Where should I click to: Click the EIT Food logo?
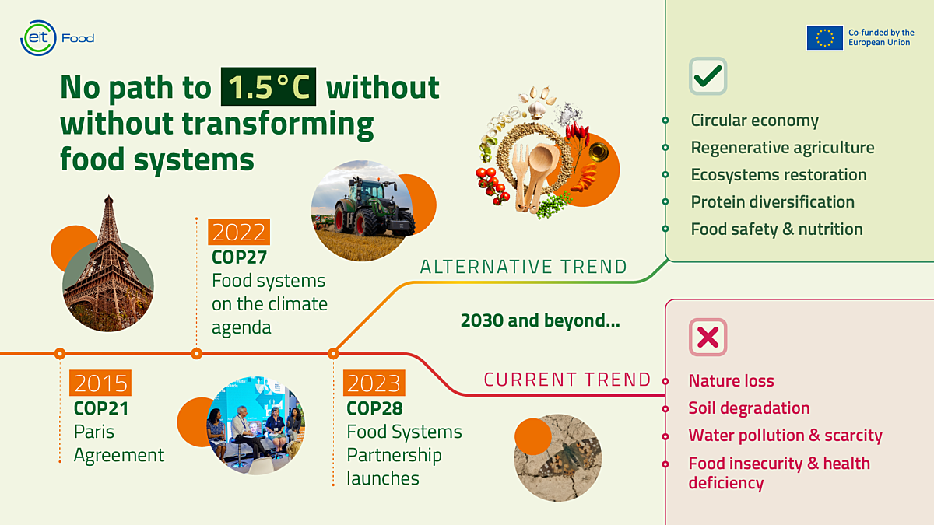tap(57, 37)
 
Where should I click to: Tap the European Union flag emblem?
tap(824, 38)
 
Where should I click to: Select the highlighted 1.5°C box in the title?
tap(269, 87)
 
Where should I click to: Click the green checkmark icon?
tap(708, 76)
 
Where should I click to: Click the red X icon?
tap(708, 338)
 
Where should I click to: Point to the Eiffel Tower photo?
tap(107, 268)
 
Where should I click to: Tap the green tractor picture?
tap(363, 210)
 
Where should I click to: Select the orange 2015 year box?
tap(100, 383)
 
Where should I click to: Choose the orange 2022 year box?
tap(239, 232)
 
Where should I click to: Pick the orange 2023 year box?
tap(374, 383)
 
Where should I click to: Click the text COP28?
tap(374, 408)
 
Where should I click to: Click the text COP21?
tap(101, 408)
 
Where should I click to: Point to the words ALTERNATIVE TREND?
tap(523, 268)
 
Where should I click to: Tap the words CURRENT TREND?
tap(567, 380)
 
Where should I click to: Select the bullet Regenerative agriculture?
tap(782, 148)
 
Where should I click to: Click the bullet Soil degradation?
tap(749, 408)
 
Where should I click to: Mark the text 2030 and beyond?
tap(540, 320)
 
